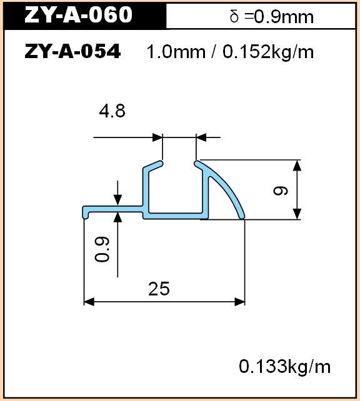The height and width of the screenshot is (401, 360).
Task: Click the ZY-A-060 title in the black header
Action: [78, 14]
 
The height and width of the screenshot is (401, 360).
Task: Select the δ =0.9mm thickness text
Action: [271, 17]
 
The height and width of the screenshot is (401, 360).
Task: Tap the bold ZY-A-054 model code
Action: [72, 51]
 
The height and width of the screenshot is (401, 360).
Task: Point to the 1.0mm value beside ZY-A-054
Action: [176, 51]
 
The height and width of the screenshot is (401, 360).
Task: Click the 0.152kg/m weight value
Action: [268, 51]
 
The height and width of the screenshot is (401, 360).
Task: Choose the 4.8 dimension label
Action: [112, 111]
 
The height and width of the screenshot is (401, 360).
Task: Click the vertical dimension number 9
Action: [281, 191]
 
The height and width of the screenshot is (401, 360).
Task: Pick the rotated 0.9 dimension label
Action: [102, 249]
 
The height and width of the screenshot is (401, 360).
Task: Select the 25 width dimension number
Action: [159, 289]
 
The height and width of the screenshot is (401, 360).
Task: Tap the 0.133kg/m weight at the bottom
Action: [284, 366]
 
